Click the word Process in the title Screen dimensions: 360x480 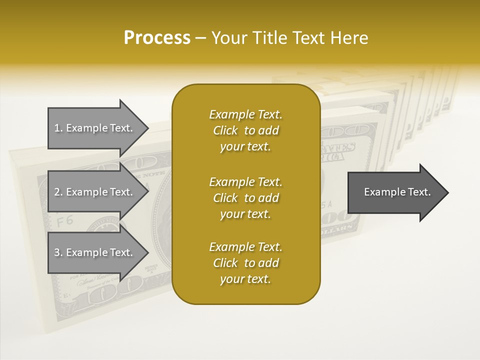tap(157, 38)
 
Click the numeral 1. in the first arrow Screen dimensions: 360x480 tap(58, 128)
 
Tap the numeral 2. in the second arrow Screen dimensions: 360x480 tap(58, 192)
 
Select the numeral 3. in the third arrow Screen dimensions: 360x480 tap(58, 252)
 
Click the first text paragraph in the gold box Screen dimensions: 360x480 tap(245, 130)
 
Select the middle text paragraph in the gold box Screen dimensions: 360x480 tap(245, 198)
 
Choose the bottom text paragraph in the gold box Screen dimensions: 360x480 tap(245, 263)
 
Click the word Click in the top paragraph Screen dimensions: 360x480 tap(225, 130)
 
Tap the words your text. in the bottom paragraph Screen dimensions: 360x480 tap(245, 279)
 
